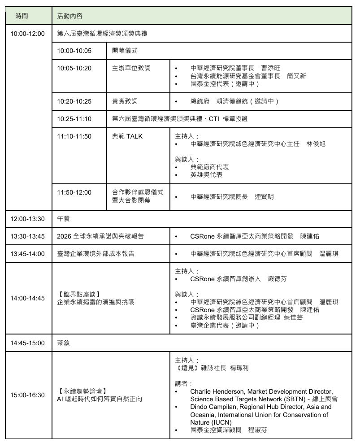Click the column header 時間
point(22,16)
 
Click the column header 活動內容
point(70,16)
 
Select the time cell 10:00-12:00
point(28,34)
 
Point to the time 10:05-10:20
point(74,68)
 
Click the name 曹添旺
point(271,68)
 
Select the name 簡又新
point(296,76)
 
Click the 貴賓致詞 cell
point(125,101)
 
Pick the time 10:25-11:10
point(74,119)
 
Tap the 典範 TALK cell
point(127,136)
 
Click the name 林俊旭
point(316,144)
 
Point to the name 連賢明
point(264,196)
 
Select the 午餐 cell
point(63,219)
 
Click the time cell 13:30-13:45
point(28,236)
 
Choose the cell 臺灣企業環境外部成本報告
point(96,254)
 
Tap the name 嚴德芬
point(277,278)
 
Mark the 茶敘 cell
point(63,343)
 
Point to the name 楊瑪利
point(239,368)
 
